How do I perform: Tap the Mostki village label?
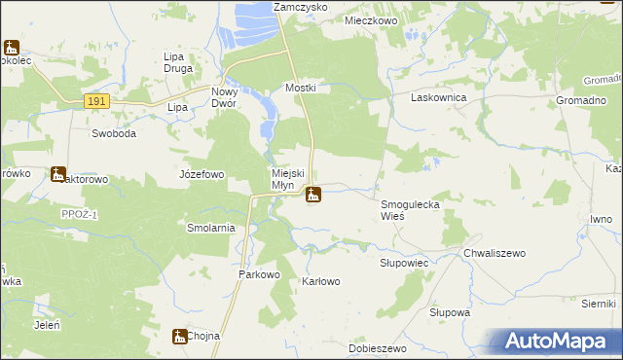tap(301, 88)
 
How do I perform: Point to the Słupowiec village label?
tap(403, 264)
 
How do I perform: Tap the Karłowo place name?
tap(321, 282)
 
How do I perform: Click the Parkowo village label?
tap(260, 275)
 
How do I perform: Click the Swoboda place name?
tap(114, 133)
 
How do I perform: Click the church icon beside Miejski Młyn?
tap(313, 195)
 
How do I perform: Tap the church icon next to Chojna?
tap(179, 336)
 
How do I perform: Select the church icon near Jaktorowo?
tap(58, 175)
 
